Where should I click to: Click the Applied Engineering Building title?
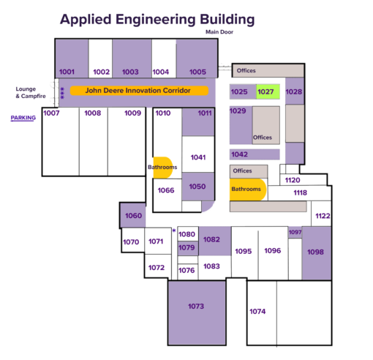coord(157,19)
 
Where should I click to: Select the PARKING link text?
coord(23,117)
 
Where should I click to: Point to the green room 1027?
coord(265,92)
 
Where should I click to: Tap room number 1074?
coord(257,312)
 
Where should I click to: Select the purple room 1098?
coord(315,251)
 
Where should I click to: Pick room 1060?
coord(132,216)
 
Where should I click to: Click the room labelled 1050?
coord(197,187)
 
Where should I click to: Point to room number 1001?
coord(67,72)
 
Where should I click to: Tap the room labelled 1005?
coord(197,72)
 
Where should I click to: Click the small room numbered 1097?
coord(295,232)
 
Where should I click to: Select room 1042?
coord(239,154)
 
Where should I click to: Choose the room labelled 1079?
coord(187,247)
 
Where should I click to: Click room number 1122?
coord(323,216)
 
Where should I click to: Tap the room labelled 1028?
coord(294,91)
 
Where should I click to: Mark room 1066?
coord(166,190)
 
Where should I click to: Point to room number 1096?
coord(272,251)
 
